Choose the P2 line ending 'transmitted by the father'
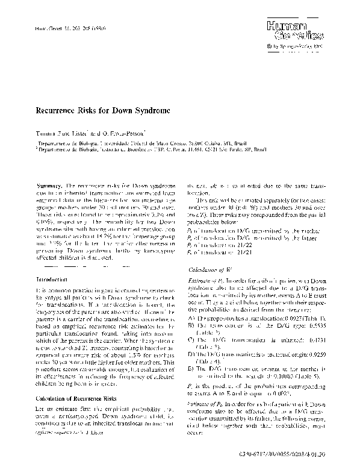coord(250,239)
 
